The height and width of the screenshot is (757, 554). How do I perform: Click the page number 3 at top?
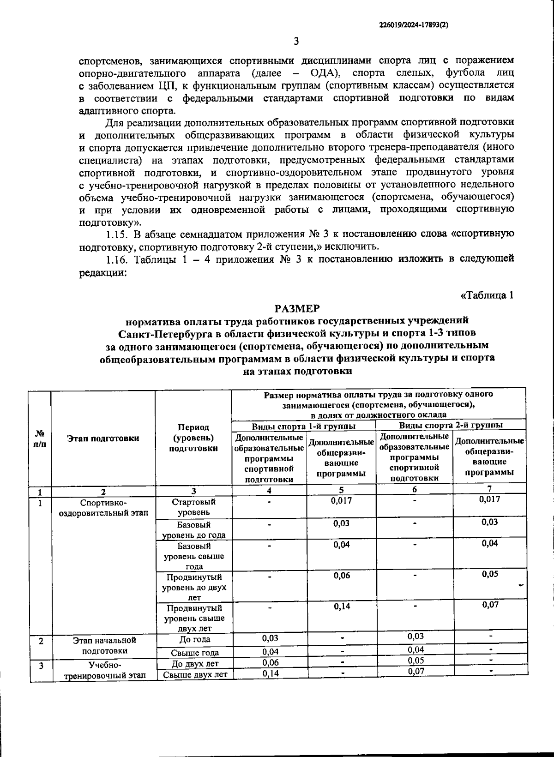click(x=296, y=42)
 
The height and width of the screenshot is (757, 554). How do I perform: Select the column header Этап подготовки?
click(x=103, y=438)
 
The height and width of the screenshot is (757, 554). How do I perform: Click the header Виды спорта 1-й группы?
click(x=303, y=426)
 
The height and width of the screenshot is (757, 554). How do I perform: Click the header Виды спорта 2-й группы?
click(x=451, y=425)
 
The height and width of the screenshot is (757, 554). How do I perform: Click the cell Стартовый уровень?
click(x=193, y=507)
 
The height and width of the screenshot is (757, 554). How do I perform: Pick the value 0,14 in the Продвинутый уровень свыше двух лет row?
click(x=342, y=606)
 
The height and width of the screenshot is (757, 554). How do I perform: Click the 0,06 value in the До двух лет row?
click(x=270, y=663)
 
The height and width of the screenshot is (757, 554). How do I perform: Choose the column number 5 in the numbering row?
click(x=341, y=490)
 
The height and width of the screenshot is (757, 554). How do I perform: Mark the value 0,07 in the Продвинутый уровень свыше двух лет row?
click(x=490, y=604)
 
